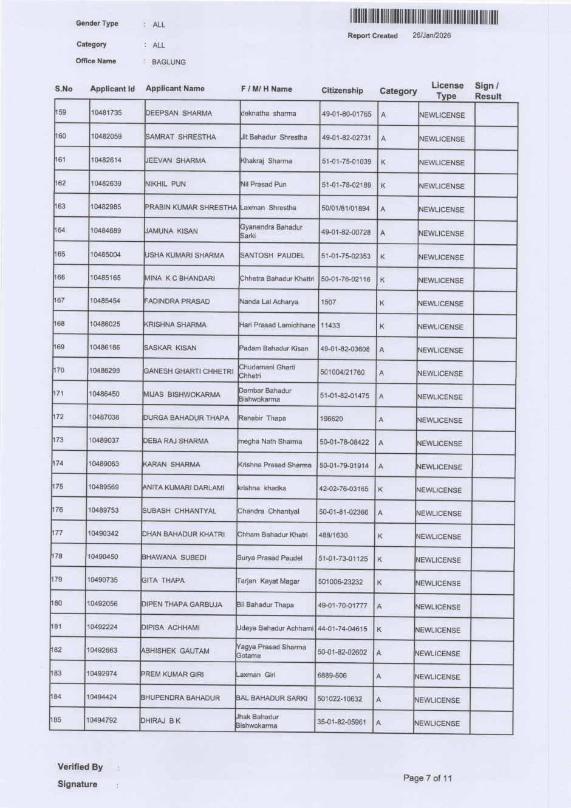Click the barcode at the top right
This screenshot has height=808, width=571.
click(424, 18)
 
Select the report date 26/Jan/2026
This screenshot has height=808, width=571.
click(431, 35)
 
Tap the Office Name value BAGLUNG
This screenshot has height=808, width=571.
click(169, 62)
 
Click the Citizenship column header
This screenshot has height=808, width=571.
click(342, 91)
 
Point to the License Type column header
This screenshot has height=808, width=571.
click(447, 91)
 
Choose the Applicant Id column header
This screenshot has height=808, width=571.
click(112, 89)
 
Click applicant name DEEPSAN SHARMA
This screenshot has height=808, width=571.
click(179, 113)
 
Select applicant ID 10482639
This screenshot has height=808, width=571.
click(106, 183)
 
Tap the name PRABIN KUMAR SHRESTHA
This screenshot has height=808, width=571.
click(191, 207)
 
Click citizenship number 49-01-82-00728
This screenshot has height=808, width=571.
click(346, 232)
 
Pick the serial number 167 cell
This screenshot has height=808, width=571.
click(59, 300)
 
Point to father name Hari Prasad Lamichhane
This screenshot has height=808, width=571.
click(277, 325)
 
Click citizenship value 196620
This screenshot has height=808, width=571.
click(331, 419)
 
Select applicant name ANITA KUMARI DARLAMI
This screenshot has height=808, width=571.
click(183, 488)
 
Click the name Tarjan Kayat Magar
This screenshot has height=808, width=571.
click(268, 581)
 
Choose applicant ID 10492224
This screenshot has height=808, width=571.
click(101, 627)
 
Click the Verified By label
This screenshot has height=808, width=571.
click(80, 767)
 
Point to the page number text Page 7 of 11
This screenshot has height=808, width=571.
click(428, 778)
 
